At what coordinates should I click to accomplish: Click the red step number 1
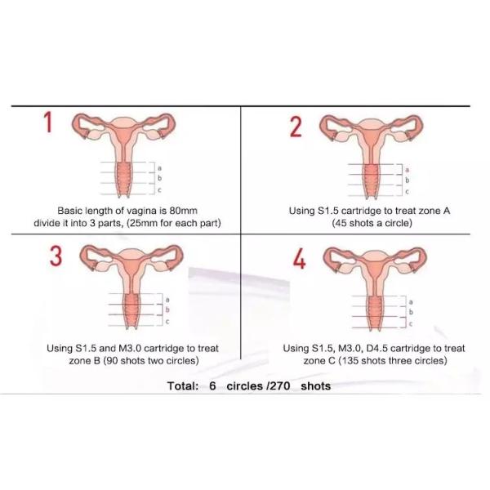coord(48,122)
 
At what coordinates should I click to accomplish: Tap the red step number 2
coord(296,127)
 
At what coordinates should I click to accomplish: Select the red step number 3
coord(56,256)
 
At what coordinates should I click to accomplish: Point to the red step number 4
coord(299,260)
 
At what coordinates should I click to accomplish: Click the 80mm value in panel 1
coord(183,211)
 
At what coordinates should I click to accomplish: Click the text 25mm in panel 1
coord(145,223)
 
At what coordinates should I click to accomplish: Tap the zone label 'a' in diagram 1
coord(160,168)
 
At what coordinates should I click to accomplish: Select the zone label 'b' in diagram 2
coord(408,180)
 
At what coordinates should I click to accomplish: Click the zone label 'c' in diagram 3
coord(167,322)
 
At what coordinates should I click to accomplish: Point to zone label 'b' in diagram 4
coord(411,312)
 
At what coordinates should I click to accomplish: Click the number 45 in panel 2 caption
coord(341,223)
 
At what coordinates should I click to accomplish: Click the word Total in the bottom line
coord(183,386)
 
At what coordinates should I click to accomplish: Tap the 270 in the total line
coord(280,386)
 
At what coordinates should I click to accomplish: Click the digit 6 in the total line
coord(212,386)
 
